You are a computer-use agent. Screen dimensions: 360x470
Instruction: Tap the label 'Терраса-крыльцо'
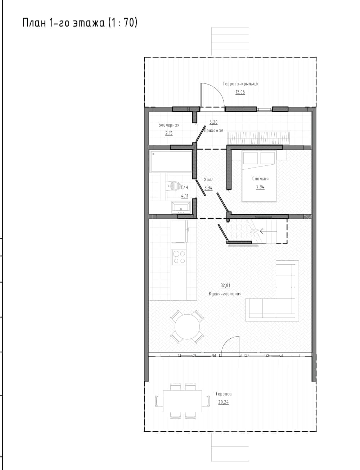pos(240,84)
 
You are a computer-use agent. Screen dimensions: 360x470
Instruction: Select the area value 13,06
pos(240,92)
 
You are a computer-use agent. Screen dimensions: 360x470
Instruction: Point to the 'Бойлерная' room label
pos(169,125)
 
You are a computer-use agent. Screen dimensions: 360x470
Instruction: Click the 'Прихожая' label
pos(213,131)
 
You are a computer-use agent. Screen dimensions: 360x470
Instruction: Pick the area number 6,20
pos(213,122)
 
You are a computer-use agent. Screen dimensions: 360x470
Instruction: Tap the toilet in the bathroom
pos(174,186)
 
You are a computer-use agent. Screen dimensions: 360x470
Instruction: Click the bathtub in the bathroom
pos(171,161)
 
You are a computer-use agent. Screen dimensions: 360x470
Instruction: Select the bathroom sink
pos(181,207)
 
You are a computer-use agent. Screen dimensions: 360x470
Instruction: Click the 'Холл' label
pos(208,180)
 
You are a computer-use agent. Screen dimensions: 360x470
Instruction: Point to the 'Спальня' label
pos(260,179)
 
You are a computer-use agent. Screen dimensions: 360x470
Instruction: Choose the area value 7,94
pos(260,187)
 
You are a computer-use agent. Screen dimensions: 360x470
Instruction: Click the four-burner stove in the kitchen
pos(179,257)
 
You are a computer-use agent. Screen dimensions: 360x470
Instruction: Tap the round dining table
pos(187,327)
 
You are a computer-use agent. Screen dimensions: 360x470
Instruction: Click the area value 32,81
pos(225,286)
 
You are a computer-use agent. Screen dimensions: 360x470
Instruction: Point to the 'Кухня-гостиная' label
pos(225,294)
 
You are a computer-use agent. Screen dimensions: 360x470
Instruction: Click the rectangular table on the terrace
pos(183,401)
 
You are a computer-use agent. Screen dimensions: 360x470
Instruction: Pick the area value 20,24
pos(224,402)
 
